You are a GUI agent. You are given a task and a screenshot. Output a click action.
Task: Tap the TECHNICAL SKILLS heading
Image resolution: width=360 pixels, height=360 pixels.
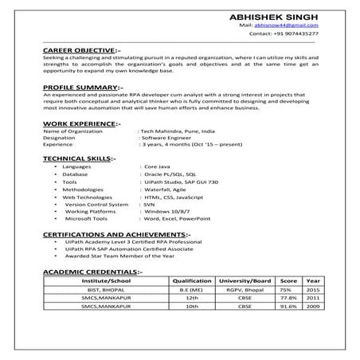[x=80, y=158]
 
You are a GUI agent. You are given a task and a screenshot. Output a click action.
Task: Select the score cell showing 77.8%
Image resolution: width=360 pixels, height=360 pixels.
[x=288, y=299]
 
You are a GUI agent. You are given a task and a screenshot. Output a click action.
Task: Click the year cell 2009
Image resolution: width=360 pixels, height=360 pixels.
[x=313, y=308]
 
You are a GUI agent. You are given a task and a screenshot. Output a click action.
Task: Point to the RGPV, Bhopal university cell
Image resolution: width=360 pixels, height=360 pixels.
[x=245, y=291]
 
